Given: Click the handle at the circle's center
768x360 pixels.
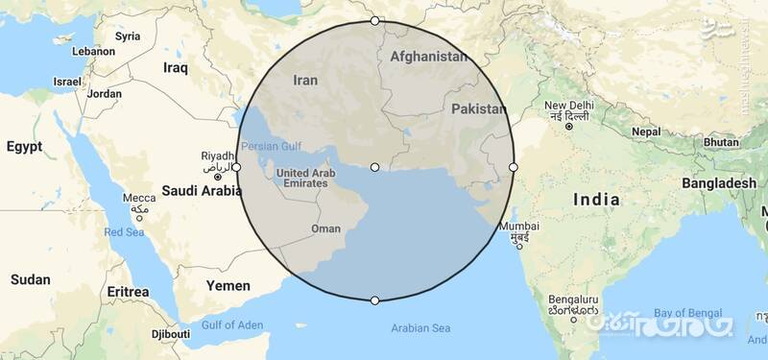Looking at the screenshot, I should tap(374, 167).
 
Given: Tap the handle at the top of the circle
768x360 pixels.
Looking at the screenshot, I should tap(374, 20).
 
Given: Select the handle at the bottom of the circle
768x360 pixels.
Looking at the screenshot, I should tap(374, 300).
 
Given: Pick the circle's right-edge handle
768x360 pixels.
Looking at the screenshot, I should tap(514, 167).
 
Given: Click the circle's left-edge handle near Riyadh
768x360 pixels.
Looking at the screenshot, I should tap(236, 167).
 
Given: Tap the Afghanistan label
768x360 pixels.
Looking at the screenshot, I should tap(429, 57).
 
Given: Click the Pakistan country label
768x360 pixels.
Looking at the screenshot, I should tap(478, 109).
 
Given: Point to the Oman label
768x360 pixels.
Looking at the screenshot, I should tap(326, 229).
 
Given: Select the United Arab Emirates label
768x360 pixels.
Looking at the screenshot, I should tap(305, 179).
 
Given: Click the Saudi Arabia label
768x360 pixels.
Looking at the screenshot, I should tap(202, 190).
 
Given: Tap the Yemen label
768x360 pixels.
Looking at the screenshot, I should tap(228, 285).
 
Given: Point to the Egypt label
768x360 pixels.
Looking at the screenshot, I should tap(24, 147).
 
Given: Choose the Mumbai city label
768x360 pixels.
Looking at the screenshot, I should tap(513, 227).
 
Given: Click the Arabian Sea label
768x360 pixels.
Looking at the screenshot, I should tap(420, 328).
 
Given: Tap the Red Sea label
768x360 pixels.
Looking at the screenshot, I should tap(124, 232).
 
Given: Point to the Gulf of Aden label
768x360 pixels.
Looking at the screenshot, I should tap(230, 324).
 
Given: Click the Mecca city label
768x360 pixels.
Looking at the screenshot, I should tap(138, 199).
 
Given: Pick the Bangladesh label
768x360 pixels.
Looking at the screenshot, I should tap(719, 182).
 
